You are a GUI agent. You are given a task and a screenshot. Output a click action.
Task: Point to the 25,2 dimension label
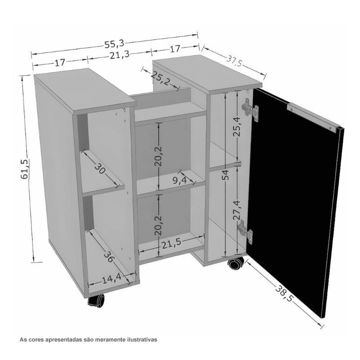(161, 79)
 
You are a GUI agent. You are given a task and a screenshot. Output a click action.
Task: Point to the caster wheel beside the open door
(235, 263)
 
